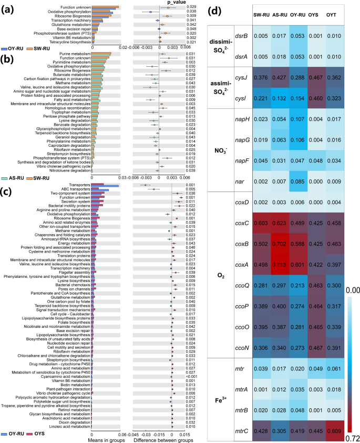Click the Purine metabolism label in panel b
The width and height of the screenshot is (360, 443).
75,54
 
